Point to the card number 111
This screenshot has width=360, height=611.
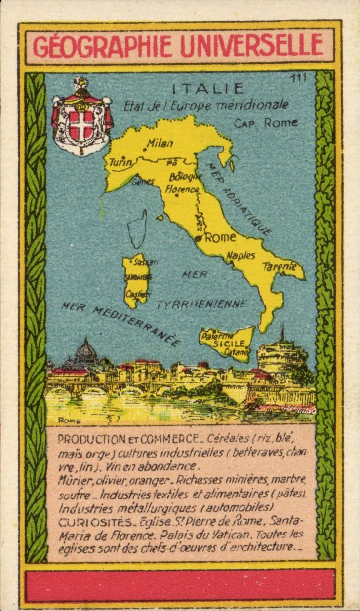pyautogui.click(x=299, y=78)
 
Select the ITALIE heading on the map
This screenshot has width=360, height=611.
pyautogui.click(x=208, y=89)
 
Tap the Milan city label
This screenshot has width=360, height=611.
pyautogui.click(x=160, y=144)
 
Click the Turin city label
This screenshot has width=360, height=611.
pyautogui.click(x=120, y=162)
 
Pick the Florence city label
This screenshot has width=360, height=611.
pyautogui.click(x=182, y=189)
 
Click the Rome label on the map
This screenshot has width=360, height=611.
pyautogui.click(x=220, y=237)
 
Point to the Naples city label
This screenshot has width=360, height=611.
pyautogui.click(x=241, y=255)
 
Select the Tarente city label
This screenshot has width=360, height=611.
pyautogui.click(x=280, y=267)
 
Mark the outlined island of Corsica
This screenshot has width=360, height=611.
pyautogui.click(x=137, y=229)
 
